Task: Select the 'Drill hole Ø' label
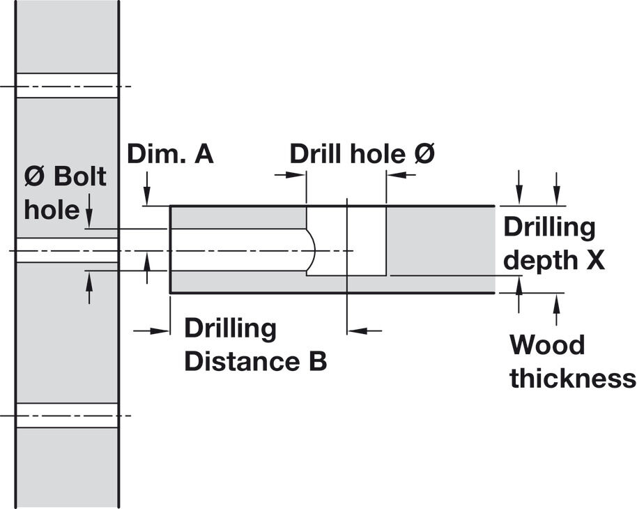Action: (362, 154)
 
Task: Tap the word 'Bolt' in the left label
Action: (80, 176)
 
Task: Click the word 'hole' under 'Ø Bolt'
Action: (52, 209)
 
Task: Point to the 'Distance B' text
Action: (256, 360)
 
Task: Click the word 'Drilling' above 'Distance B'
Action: (231, 329)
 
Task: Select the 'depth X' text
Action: (554, 261)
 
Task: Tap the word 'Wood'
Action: (547, 344)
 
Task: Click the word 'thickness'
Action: (573, 378)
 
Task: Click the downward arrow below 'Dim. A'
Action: (148, 188)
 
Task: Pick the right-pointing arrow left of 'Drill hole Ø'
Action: (290, 175)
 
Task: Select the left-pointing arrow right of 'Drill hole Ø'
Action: (401, 175)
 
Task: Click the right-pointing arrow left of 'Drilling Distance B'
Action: (151, 331)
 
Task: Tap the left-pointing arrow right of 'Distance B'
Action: (364, 331)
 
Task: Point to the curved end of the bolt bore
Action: (312, 250)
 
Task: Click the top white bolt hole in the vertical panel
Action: (67, 85)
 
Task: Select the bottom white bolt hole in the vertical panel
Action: (67, 415)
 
